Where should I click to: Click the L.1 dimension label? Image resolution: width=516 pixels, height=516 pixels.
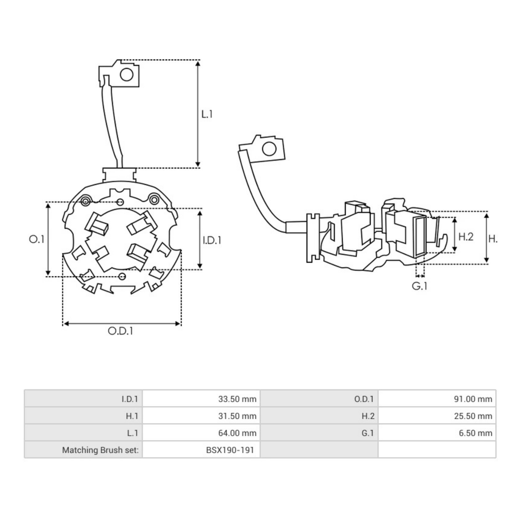(x=207, y=114)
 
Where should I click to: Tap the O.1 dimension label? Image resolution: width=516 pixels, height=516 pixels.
(x=37, y=239)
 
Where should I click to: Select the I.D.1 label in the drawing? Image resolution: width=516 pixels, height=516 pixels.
(x=212, y=240)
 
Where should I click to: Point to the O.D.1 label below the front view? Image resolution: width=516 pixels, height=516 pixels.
(x=120, y=331)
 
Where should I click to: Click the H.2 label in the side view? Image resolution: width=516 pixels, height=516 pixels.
(x=466, y=236)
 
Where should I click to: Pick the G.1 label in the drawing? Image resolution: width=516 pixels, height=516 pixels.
(x=420, y=286)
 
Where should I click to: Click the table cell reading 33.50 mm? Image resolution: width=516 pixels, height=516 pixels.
(x=237, y=399)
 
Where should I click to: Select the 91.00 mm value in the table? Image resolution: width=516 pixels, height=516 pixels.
(x=473, y=399)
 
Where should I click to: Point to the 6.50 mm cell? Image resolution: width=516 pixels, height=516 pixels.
(x=475, y=433)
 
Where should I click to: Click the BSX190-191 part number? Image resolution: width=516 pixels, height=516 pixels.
(x=230, y=450)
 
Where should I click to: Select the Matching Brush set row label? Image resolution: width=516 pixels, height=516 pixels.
(x=100, y=450)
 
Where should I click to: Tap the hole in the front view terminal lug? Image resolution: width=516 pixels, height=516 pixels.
(x=126, y=75)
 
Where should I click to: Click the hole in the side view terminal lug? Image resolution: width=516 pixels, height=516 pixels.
(x=269, y=149)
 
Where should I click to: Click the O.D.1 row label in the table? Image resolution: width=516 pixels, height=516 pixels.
(x=364, y=399)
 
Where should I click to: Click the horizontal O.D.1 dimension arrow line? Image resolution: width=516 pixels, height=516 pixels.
(x=122, y=323)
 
